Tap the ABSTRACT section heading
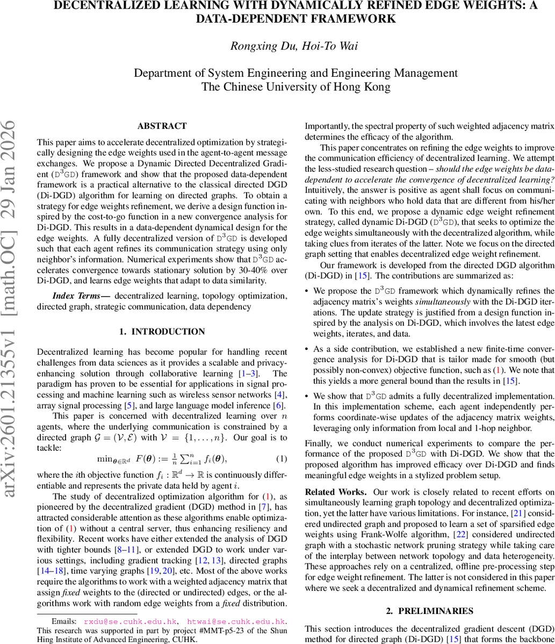162,126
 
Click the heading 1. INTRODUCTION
162,332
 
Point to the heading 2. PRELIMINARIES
430,611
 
